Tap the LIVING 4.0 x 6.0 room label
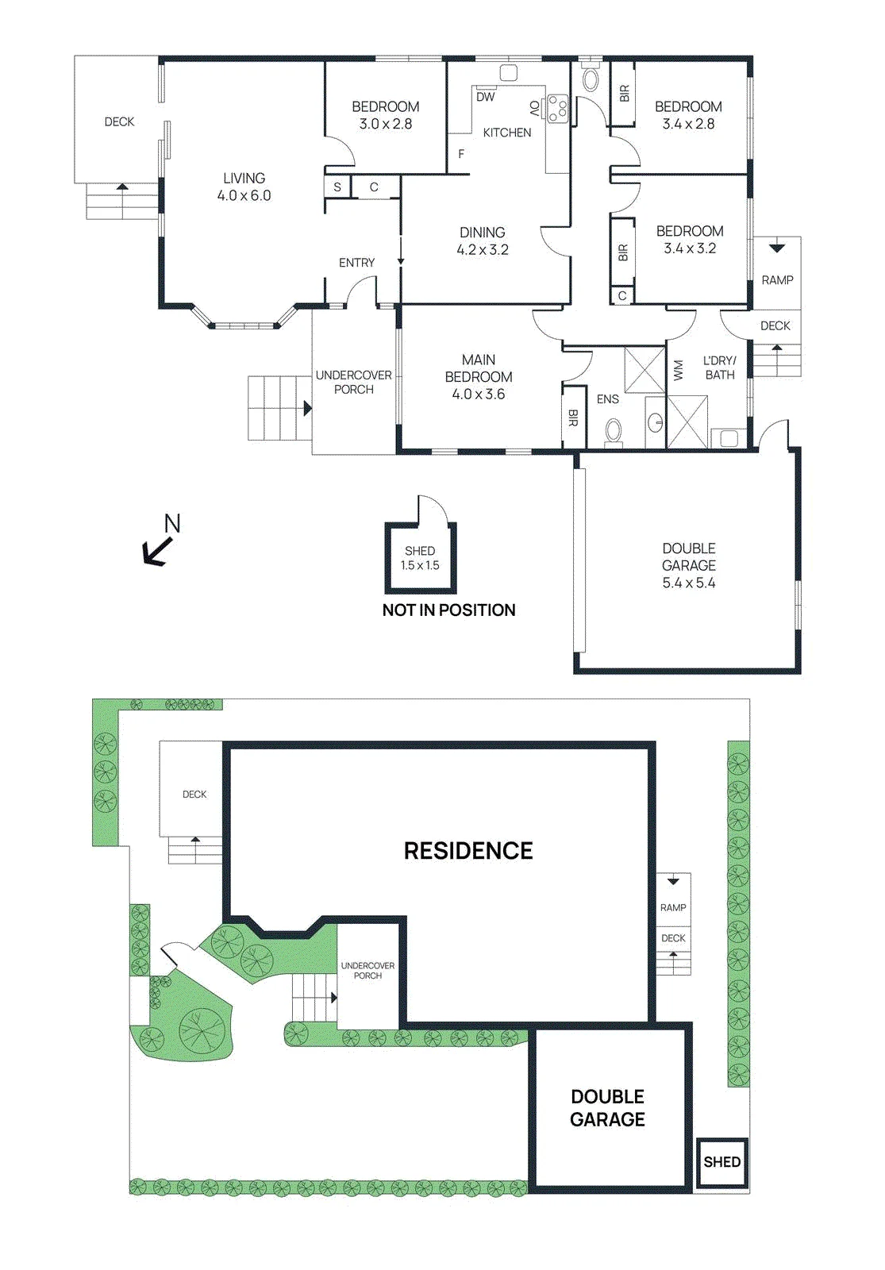pyautogui.click(x=244, y=187)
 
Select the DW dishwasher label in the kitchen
pyautogui.click(x=485, y=97)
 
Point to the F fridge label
pyautogui.click(x=461, y=154)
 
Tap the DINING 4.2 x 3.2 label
pyautogui.click(x=483, y=241)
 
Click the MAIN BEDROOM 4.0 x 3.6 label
pyautogui.click(x=479, y=376)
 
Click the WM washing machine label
pyautogui.click(x=678, y=370)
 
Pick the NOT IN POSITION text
pyautogui.click(x=449, y=610)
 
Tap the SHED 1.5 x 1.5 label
pyautogui.click(x=420, y=558)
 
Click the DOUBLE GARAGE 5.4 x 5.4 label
pyautogui.click(x=689, y=565)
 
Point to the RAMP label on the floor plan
pyautogui.click(x=777, y=280)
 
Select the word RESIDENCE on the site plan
pyautogui.click(x=468, y=850)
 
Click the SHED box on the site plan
pyautogui.click(x=722, y=1162)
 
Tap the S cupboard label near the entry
pyautogui.click(x=337, y=187)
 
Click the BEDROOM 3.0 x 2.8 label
pyautogui.click(x=386, y=115)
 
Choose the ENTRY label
pyautogui.click(x=356, y=263)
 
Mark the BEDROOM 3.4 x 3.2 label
pyautogui.click(x=690, y=239)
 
